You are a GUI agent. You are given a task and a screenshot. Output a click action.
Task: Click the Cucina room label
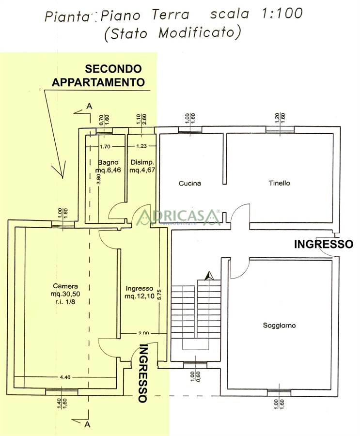click(189, 184)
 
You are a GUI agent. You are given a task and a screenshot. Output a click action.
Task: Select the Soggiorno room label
click(279, 326)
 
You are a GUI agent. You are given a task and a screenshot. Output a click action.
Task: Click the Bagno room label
click(105, 162)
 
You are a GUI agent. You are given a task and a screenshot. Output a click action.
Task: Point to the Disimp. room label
click(141, 162)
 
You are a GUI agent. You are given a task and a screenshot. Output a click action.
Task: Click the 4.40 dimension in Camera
click(65, 377)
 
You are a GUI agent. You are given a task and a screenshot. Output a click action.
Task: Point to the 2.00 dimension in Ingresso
click(143, 333)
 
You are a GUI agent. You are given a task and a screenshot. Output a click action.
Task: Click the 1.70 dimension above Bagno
click(105, 146)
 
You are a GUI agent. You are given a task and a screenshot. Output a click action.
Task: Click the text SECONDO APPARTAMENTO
click(98, 76)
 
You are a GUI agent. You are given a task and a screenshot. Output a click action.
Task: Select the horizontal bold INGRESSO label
click(324, 244)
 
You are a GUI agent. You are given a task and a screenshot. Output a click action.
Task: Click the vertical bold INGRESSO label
click(143, 373)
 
